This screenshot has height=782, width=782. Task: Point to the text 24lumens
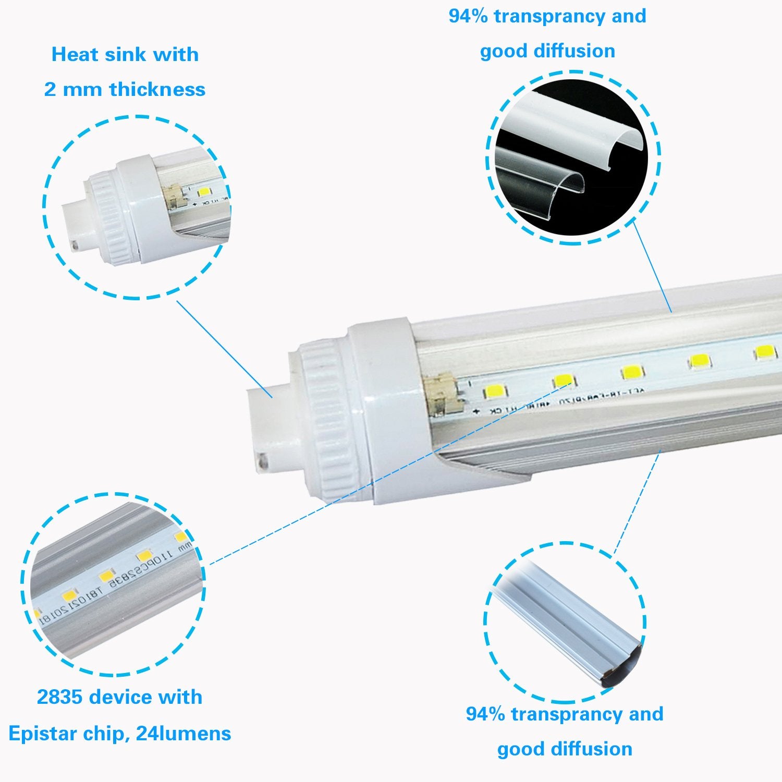183,734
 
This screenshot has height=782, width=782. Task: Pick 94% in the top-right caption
468,16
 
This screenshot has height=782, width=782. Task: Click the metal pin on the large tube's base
263,461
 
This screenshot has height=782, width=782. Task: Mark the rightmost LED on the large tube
764,352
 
